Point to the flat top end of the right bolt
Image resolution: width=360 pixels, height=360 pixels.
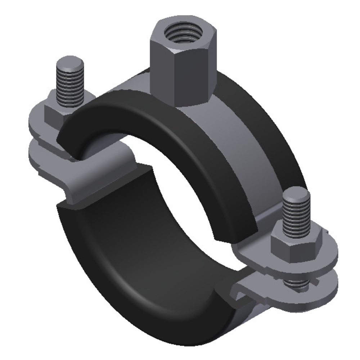pos(296,195)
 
